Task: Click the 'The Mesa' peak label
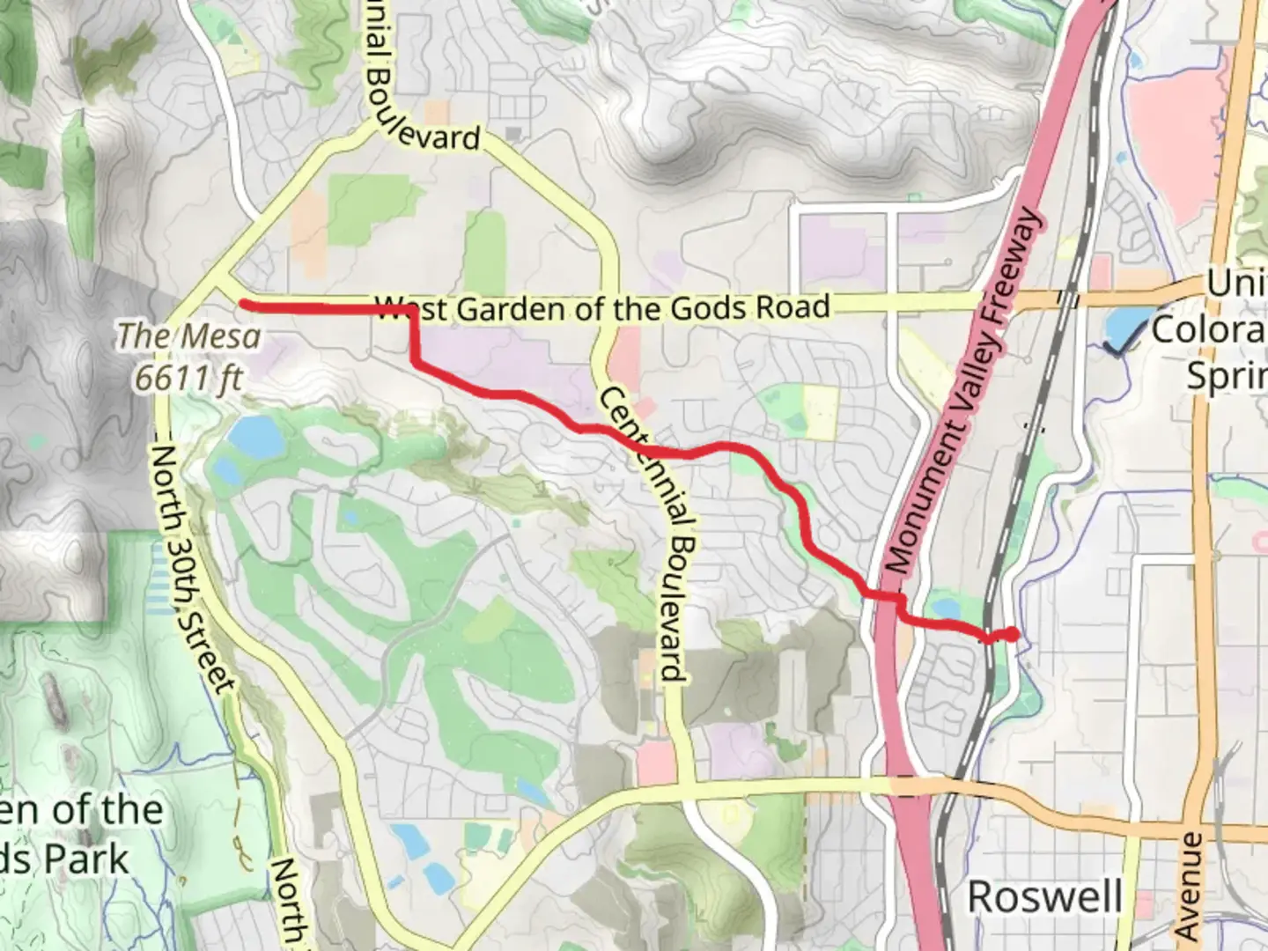189,336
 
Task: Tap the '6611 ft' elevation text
188,378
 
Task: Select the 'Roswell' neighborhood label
1044,897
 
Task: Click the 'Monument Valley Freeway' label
962,391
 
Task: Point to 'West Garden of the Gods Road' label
602,308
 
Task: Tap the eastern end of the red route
1013,634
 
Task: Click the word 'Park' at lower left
87,859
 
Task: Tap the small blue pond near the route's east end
944,608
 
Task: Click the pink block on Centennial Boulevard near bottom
656,763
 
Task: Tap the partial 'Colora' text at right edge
1208,330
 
